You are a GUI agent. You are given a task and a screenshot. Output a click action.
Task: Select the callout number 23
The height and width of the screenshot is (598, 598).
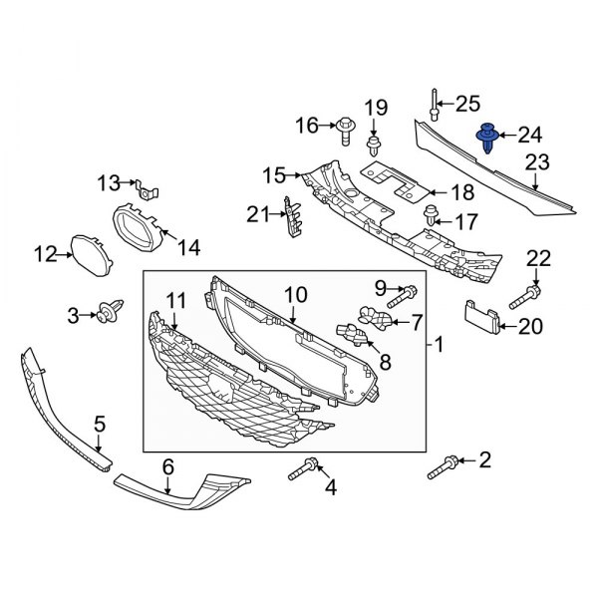[537, 161]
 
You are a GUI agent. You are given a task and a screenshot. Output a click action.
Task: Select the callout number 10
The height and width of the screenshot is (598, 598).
[295, 295]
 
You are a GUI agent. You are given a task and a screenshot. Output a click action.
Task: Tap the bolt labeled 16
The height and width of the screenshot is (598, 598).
[346, 128]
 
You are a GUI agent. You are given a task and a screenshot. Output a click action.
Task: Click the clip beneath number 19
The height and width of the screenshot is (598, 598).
[374, 149]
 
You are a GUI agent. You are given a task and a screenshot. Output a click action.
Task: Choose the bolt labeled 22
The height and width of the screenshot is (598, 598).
[526, 295]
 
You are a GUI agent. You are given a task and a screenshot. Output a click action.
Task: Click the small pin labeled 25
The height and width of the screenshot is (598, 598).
[435, 104]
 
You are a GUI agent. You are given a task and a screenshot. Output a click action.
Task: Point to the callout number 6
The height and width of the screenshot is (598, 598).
[167, 465]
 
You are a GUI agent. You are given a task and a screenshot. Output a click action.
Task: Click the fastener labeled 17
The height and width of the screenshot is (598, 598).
[433, 212]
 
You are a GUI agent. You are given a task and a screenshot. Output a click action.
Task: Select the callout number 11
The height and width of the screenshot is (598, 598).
[175, 299]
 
